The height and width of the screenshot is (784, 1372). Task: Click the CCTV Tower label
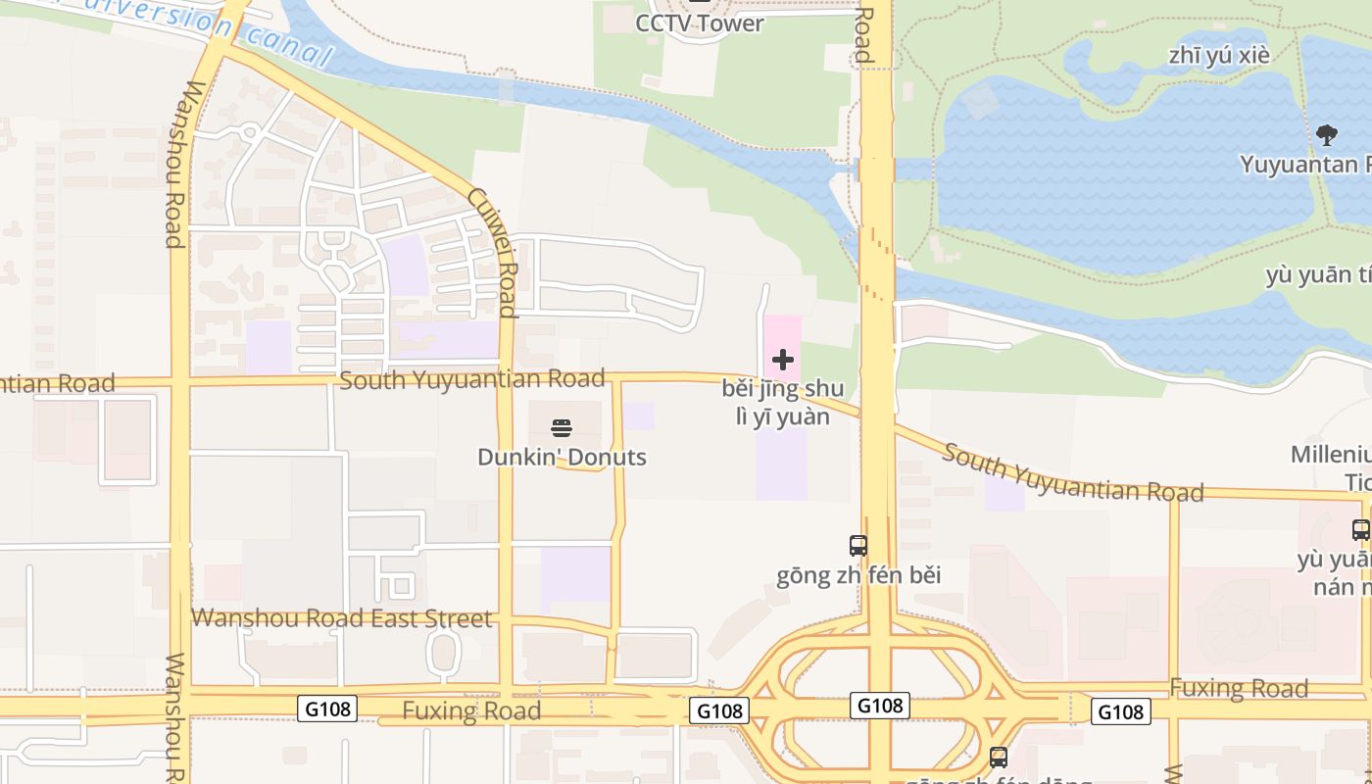tap(699, 24)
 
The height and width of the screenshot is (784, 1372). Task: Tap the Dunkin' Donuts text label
tap(562, 457)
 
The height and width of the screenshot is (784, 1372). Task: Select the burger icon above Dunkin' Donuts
tap(562, 427)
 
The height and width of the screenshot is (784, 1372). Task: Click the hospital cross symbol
tap(782, 360)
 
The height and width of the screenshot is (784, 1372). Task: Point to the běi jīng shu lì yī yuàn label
tap(782, 402)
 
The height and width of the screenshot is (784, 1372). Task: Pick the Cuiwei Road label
tap(492, 252)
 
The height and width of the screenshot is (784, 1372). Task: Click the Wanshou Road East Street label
tap(341, 618)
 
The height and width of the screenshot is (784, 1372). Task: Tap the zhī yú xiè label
tap(1219, 55)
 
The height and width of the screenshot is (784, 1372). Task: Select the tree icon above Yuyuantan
tap(1327, 135)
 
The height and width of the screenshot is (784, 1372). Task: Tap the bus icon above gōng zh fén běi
tap(857, 545)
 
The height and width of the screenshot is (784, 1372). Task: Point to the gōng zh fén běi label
tap(858, 574)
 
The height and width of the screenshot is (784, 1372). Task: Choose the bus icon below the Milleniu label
tap(1360, 530)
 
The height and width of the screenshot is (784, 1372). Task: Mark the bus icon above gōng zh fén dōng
tap(998, 757)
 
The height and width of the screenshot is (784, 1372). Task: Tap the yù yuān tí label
tap(1318, 276)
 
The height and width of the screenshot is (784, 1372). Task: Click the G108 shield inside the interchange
tap(880, 706)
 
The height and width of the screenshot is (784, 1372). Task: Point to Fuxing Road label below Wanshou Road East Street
tap(471, 710)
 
